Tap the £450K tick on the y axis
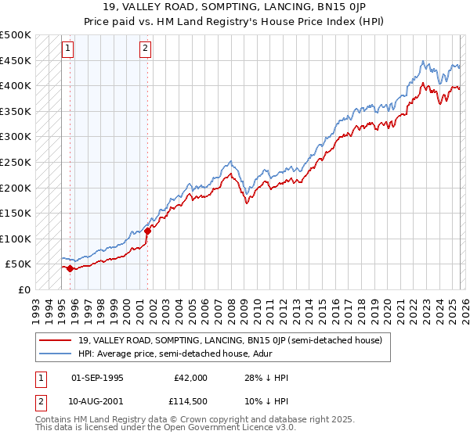tap(16, 60)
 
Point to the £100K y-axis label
tap(16, 239)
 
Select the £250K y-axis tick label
tap(16, 162)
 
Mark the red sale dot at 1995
tap(70, 268)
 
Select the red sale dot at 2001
tap(147, 231)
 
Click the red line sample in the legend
tap(56, 340)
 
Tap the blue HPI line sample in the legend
tap(56, 354)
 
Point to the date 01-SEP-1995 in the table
tap(97, 379)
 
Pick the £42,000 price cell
tap(190, 379)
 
